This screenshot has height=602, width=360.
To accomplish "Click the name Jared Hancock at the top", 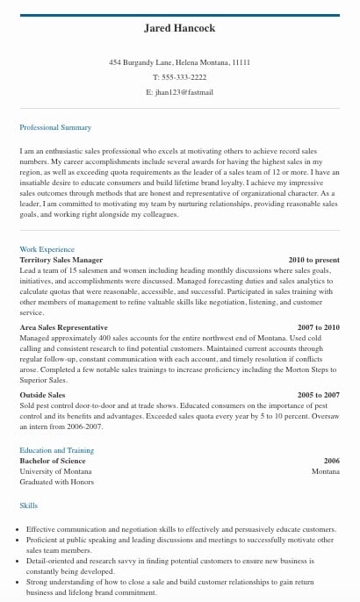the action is (179, 28).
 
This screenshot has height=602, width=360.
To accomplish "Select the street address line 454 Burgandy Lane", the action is (179, 63).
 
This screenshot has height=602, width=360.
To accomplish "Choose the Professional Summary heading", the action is (55, 128).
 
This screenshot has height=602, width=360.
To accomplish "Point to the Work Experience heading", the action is (47, 250).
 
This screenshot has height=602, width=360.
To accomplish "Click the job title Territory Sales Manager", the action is (61, 261).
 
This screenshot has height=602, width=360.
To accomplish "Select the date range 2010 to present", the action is (313, 261).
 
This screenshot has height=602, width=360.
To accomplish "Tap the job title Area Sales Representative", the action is (63, 327).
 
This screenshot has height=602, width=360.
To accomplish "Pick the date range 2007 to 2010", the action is (318, 327).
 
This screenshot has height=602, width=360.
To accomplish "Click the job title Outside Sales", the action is (42, 396).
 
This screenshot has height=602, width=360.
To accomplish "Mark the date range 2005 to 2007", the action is (318, 396).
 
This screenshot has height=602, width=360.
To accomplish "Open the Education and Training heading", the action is (56, 451).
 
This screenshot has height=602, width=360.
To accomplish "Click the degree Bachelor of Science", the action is (52, 461).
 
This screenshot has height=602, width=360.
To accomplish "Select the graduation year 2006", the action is (331, 461).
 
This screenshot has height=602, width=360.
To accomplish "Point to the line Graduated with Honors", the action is (56, 482).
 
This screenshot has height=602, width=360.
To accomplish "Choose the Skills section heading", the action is (29, 506).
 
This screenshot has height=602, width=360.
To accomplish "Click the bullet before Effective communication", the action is (20, 530).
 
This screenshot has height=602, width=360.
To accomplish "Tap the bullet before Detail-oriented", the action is (20, 561).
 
